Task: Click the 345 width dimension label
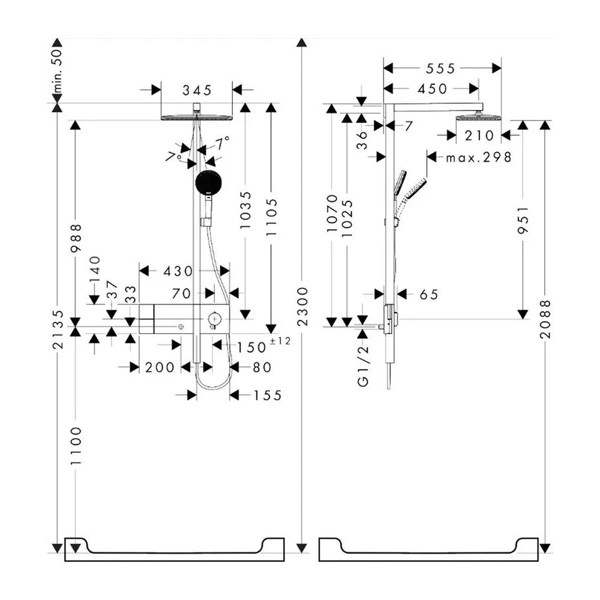click(197, 91)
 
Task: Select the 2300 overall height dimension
click(302, 306)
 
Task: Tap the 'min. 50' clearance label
click(57, 71)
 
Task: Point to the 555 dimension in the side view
click(441, 68)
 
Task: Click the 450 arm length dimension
click(433, 89)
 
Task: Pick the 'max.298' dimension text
click(479, 157)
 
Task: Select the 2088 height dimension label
click(545, 319)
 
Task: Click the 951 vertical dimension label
click(523, 220)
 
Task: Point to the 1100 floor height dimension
click(76, 446)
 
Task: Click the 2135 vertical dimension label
click(58, 329)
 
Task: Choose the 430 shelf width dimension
click(178, 271)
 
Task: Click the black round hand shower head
click(209, 183)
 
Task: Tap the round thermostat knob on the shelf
click(214, 319)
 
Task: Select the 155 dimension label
click(268, 395)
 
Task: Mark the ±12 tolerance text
click(280, 341)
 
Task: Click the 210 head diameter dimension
click(479, 136)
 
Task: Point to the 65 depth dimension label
click(428, 294)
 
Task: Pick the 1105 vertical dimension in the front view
click(271, 217)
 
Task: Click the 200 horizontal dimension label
click(160, 367)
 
